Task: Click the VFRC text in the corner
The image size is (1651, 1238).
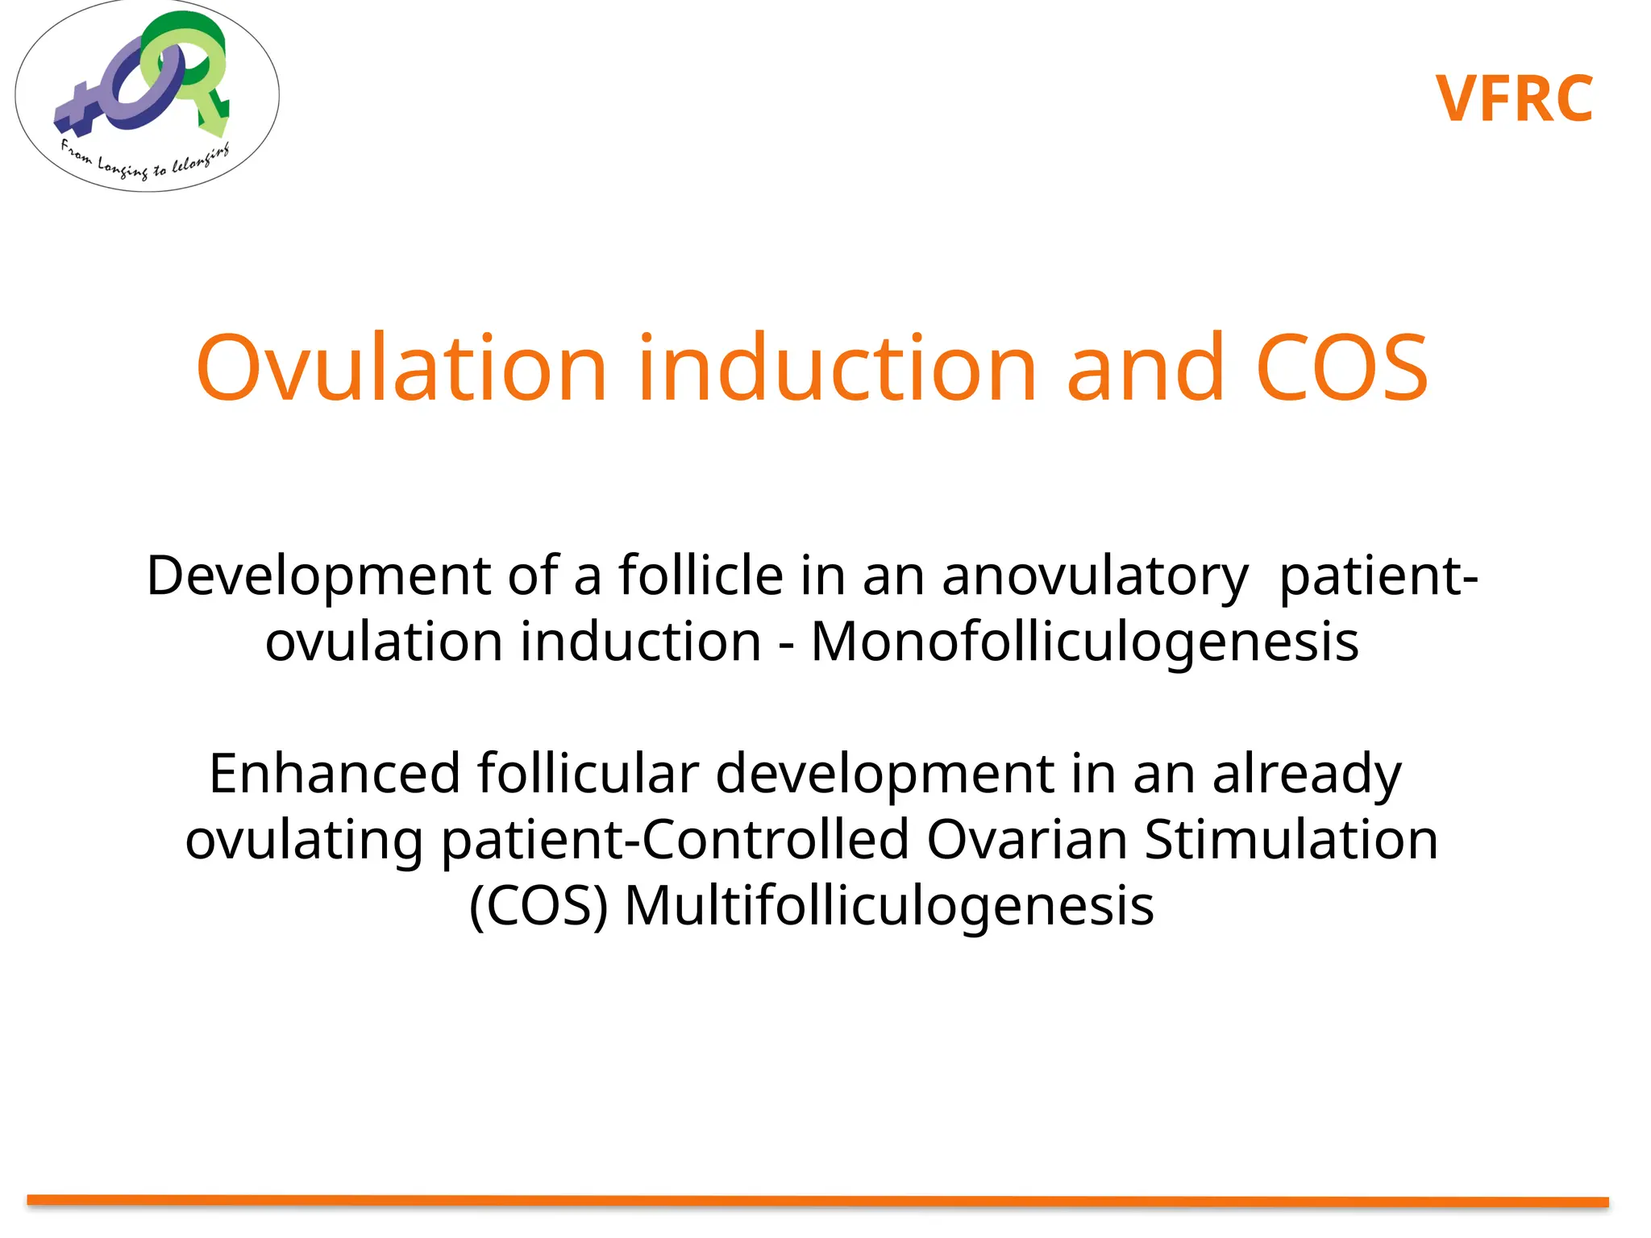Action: pyautogui.click(x=1514, y=99)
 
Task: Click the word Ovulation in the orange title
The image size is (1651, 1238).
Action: pyautogui.click(x=401, y=368)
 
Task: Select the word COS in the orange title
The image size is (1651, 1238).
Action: pyautogui.click(x=1341, y=368)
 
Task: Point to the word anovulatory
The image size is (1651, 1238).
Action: pyautogui.click(x=1095, y=576)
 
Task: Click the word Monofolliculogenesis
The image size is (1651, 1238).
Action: pyautogui.click(x=1084, y=642)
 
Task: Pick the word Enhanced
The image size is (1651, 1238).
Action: pyautogui.click(x=335, y=774)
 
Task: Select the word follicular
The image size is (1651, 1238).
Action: pyautogui.click(x=587, y=774)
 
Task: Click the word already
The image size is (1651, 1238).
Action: pyautogui.click(x=1307, y=774)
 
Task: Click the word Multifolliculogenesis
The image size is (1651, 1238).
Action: pyautogui.click(x=889, y=906)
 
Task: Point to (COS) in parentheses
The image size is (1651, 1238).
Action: pyautogui.click(x=539, y=906)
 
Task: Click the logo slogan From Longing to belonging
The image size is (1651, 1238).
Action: pyautogui.click(x=145, y=162)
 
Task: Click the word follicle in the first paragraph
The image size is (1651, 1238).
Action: pyautogui.click(x=701, y=576)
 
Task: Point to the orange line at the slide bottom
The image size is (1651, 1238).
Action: pyautogui.click(x=817, y=1201)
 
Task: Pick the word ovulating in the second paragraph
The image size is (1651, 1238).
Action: pyautogui.click(x=304, y=840)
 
